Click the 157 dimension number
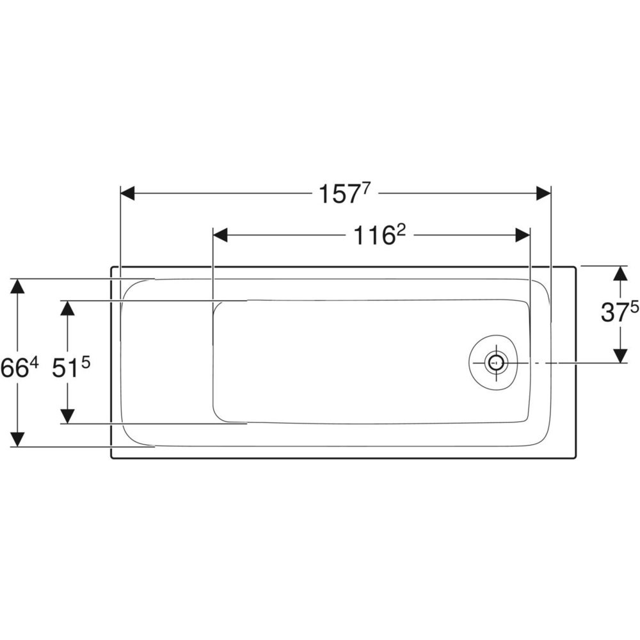coord(339,194)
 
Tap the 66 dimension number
coord(13,369)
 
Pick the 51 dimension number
coord(65,369)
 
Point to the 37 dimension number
coord(614,313)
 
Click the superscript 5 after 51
coord(85,363)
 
